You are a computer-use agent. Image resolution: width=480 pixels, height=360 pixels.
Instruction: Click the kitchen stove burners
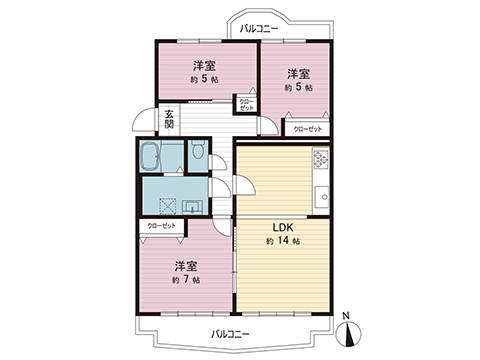click(320, 159)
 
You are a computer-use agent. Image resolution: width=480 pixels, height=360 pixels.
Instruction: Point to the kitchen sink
click(322, 193)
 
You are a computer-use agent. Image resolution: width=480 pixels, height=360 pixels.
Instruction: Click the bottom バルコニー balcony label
click(230, 332)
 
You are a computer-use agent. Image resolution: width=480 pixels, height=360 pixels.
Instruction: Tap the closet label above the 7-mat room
click(161, 227)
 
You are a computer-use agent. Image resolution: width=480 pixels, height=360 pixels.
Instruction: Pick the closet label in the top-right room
click(307, 129)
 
